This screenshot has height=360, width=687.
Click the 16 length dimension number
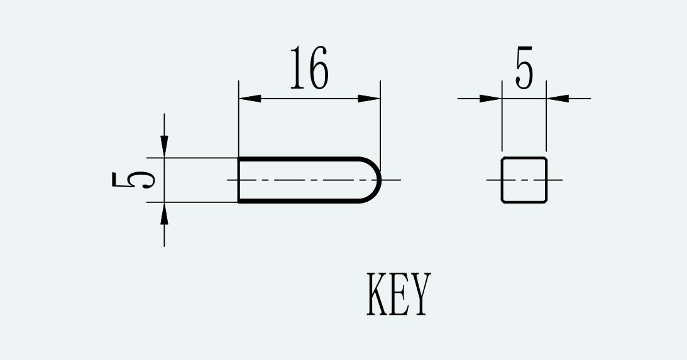309,67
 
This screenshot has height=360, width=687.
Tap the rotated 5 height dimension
133,180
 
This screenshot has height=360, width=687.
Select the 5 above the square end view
524,67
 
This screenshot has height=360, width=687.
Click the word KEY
398,293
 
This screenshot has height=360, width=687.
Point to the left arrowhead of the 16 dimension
250,99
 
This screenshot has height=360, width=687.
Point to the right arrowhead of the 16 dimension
369,99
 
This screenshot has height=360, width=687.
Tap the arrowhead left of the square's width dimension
491,99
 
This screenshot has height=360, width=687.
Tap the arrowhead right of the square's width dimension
558,99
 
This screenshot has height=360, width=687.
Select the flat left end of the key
239,180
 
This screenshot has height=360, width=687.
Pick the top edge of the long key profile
299,158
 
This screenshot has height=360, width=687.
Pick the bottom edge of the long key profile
299,202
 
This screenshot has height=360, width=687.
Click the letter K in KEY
377,293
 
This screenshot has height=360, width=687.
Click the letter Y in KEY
420,293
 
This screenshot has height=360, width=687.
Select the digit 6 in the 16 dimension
318,67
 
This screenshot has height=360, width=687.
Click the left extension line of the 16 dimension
239,118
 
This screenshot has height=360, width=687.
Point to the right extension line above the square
546,116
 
